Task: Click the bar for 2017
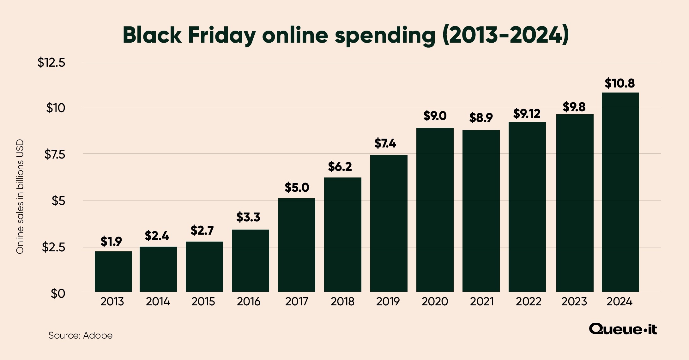(x=296, y=245)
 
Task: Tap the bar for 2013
(x=113, y=272)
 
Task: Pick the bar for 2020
(x=435, y=210)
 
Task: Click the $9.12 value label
(x=527, y=114)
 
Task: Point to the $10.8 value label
(x=619, y=83)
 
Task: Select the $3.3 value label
(x=248, y=217)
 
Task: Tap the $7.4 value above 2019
(x=385, y=144)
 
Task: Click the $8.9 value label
(x=481, y=118)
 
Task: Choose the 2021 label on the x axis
(x=481, y=302)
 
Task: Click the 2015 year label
(x=203, y=302)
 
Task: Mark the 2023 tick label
(x=574, y=302)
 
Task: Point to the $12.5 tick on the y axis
(x=51, y=63)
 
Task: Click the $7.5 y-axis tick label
(x=55, y=154)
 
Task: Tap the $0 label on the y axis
(x=58, y=294)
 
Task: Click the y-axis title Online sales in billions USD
(x=20, y=196)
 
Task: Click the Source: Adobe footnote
(x=80, y=335)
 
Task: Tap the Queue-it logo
(x=623, y=329)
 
